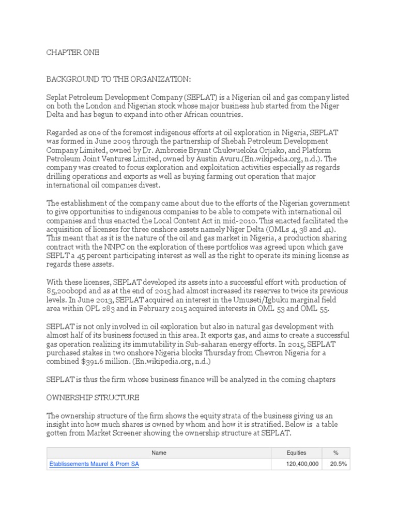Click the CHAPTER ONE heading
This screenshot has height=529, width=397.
point(73,53)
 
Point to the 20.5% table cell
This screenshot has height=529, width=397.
point(338,464)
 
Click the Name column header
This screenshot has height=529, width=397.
point(159,453)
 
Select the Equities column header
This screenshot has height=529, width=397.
point(296,453)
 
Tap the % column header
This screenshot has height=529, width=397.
point(335,453)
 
